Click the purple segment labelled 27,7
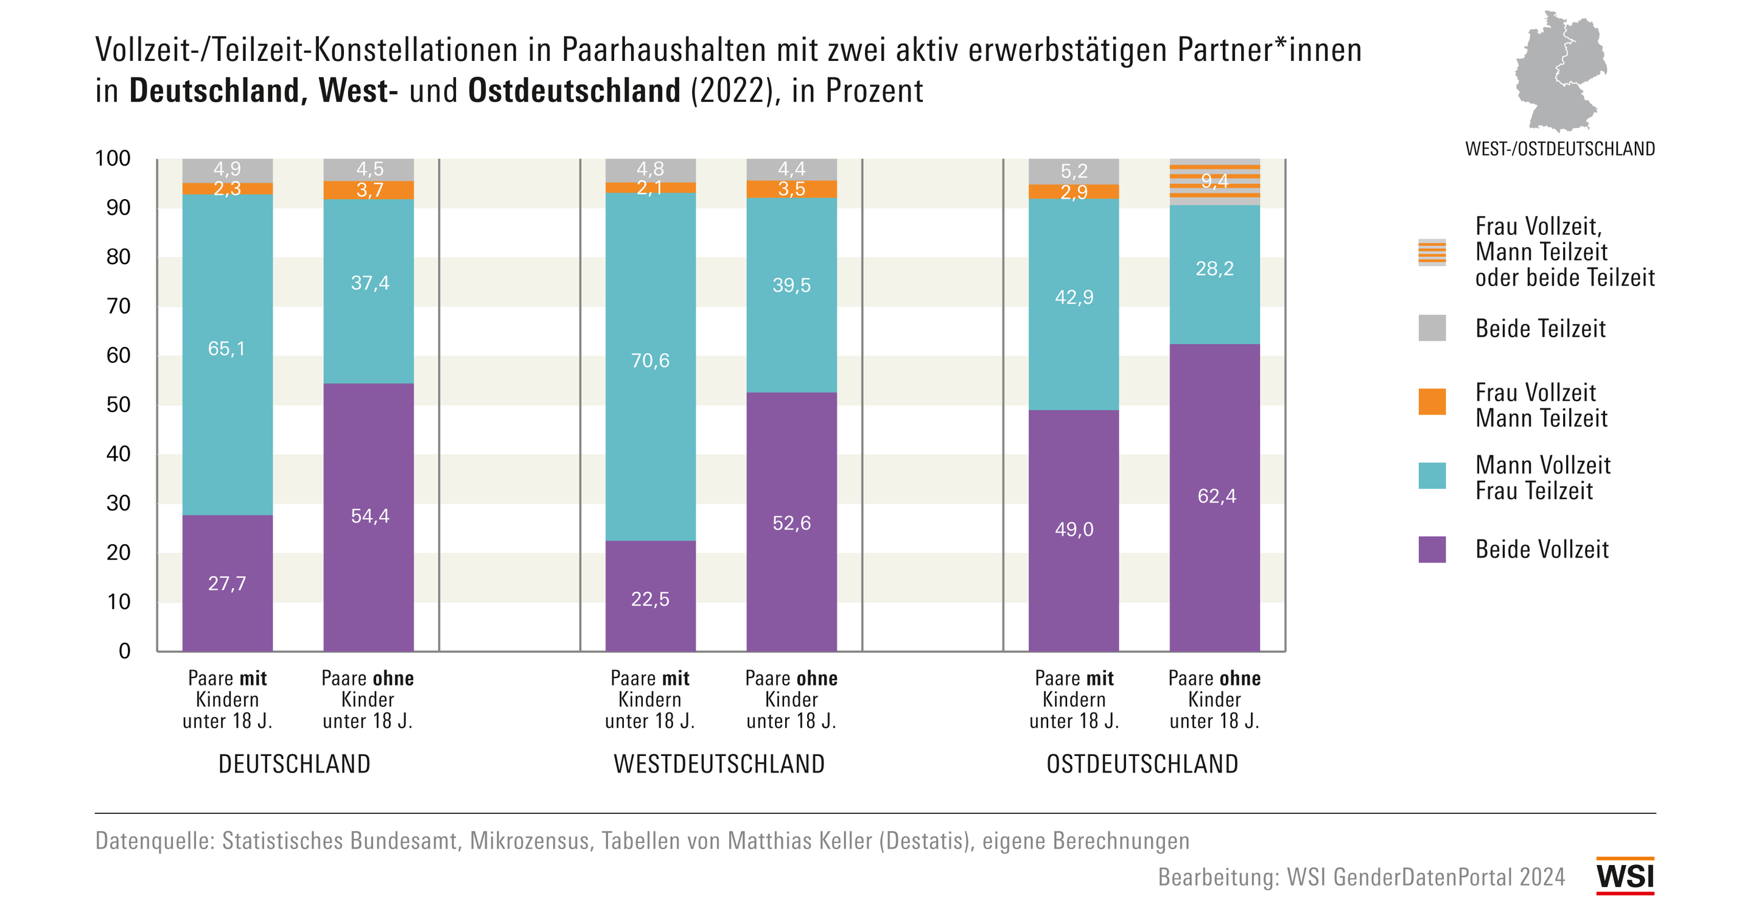(227, 583)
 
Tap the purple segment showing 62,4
(1214, 497)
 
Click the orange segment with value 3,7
(368, 190)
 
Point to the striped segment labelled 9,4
(1214, 181)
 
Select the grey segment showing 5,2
(1073, 171)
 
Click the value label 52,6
(791, 522)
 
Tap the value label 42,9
(1073, 296)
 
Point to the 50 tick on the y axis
(119, 405)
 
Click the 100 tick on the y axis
(113, 158)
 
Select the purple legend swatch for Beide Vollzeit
(1431, 549)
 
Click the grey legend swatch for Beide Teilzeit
(1431, 328)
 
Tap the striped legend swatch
(1431, 252)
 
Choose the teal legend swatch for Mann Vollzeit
(1431, 475)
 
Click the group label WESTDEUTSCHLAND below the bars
(719, 764)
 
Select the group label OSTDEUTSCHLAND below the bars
(1142, 764)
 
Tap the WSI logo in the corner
(1625, 876)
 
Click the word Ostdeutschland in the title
(573, 91)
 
